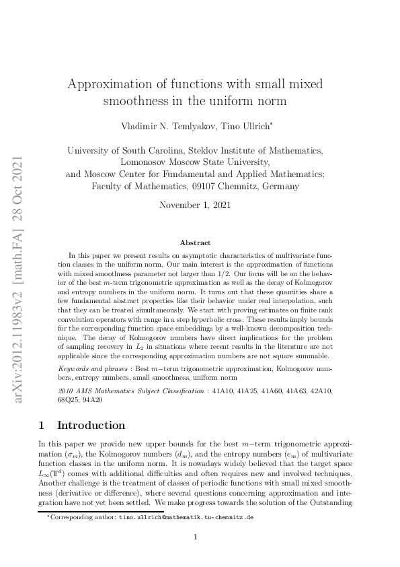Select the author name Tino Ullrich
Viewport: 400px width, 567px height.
(x=206, y=127)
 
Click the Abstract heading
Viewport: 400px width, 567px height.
(x=195, y=242)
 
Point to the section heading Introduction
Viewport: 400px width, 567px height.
(x=91, y=426)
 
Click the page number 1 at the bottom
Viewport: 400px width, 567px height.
(x=195, y=537)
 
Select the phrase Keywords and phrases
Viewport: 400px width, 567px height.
(x=93, y=369)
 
